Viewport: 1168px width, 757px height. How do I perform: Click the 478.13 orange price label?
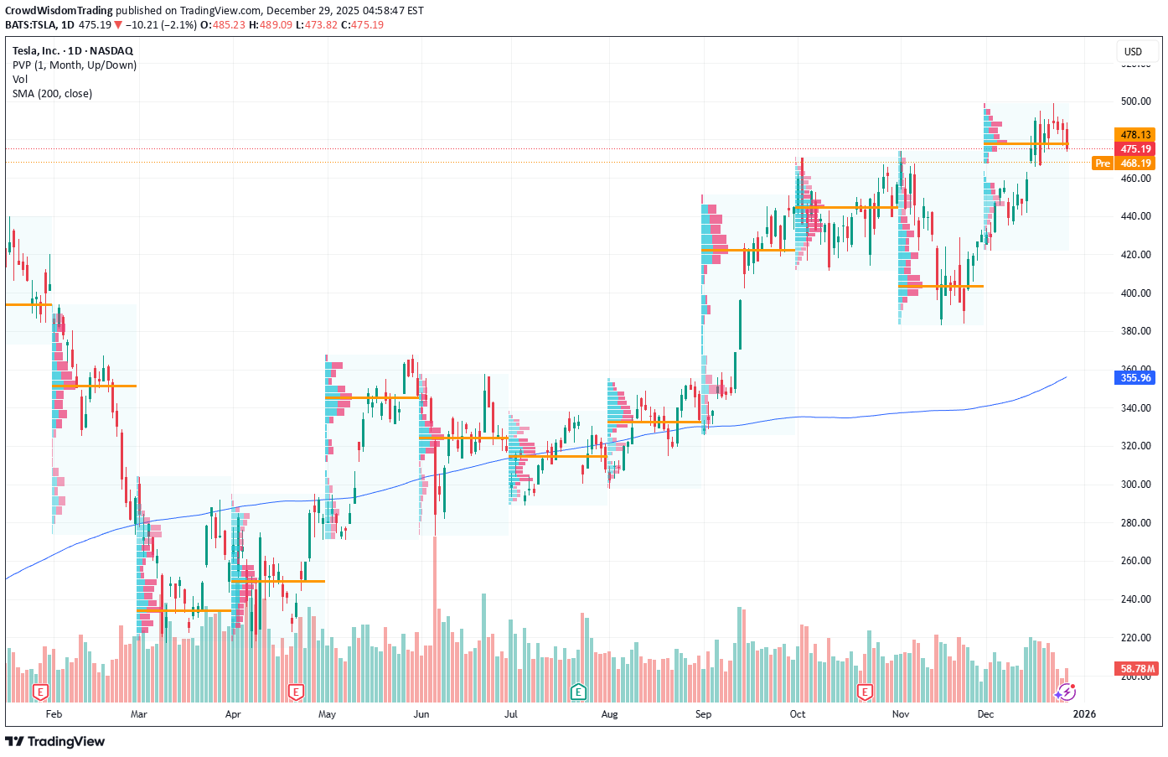coord(1135,134)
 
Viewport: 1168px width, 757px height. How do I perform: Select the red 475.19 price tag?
coord(1135,149)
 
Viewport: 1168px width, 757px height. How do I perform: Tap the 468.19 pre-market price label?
coord(1135,163)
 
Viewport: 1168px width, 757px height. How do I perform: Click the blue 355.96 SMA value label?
coord(1135,378)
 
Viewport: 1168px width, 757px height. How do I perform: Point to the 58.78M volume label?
coord(1137,669)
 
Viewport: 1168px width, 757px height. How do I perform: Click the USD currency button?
coord(1133,52)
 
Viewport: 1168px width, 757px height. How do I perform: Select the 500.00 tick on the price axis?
coord(1135,101)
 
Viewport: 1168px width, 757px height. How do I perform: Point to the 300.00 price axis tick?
coord(1135,485)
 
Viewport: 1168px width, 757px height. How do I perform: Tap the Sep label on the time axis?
coord(703,714)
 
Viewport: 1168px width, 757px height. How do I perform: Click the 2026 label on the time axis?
coord(1084,714)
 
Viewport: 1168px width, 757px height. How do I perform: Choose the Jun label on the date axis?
coord(421,714)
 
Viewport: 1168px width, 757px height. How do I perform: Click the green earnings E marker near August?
coord(578,692)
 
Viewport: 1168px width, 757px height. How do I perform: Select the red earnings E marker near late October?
coord(865,692)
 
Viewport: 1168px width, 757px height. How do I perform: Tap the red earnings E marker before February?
coord(39,692)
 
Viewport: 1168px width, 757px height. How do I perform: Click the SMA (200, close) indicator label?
coord(52,94)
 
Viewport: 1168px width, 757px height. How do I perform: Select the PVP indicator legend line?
coord(74,65)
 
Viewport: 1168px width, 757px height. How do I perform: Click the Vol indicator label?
coord(20,80)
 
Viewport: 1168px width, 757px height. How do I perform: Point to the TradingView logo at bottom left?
coord(55,741)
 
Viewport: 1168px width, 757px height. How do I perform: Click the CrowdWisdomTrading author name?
coord(59,11)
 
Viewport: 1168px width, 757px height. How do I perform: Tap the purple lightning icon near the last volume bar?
coord(1065,692)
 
